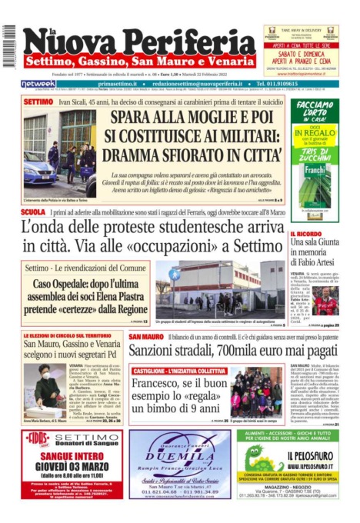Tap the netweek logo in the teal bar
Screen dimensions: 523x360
38,84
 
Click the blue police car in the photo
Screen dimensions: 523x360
40,171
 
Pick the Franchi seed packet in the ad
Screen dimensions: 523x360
314,175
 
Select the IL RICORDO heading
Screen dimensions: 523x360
305,233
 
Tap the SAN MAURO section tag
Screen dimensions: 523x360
145,337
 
